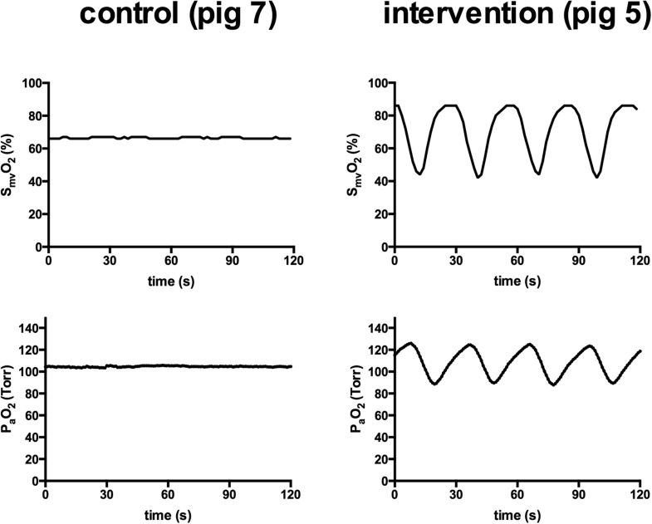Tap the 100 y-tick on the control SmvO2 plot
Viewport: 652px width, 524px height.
coord(32,83)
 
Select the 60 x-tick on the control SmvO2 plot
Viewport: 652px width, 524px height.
coord(170,259)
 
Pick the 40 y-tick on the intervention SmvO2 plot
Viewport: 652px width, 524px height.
coord(381,182)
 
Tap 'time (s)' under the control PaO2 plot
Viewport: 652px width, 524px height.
coord(168,512)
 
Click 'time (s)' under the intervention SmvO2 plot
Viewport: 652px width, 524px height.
coord(516,281)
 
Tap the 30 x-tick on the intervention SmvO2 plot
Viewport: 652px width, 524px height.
coord(455,259)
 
